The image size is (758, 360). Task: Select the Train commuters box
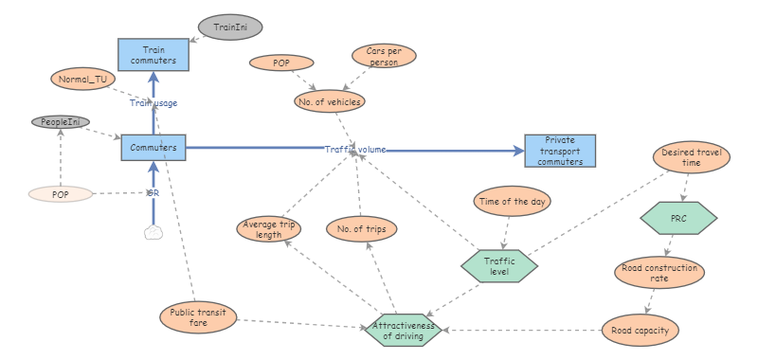pos(153,54)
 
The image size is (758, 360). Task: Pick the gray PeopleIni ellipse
pos(61,122)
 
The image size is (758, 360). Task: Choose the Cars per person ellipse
pos(383,56)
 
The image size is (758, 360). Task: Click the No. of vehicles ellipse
pos(329,100)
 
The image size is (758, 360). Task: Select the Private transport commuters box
pos(560,151)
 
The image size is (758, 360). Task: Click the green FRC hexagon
pos(678,218)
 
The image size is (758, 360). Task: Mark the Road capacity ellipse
pos(641,331)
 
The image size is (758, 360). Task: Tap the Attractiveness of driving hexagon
pos(404,330)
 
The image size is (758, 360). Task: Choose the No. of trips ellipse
pos(361,228)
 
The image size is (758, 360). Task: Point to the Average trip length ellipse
pos(269,228)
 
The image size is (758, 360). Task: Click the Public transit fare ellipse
pos(197,318)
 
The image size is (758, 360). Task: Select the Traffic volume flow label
pos(355,149)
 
